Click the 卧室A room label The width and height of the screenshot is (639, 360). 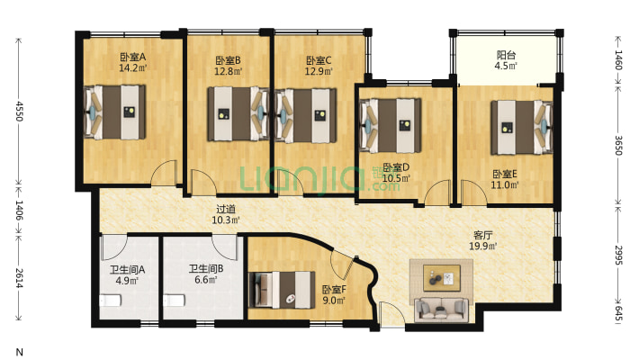133,57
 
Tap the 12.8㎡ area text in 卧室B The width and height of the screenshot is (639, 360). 229,72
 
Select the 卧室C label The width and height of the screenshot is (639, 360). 319,60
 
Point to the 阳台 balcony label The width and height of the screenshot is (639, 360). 506,55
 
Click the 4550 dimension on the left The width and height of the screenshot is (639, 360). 19,110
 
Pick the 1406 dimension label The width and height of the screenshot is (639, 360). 19,210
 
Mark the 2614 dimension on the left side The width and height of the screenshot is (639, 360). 19,277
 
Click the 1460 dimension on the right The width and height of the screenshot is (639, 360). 618,59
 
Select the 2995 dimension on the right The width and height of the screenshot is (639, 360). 618,256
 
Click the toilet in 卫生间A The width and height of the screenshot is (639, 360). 110,301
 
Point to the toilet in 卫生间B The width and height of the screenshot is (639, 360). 174,301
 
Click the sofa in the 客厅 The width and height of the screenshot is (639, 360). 442,309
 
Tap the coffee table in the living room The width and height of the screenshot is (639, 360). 442,278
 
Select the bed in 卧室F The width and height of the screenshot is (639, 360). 282,290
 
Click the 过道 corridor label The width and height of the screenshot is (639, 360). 226,210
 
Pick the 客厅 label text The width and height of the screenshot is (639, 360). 483,235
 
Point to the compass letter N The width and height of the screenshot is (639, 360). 19,352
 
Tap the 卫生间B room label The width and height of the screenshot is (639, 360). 206,269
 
